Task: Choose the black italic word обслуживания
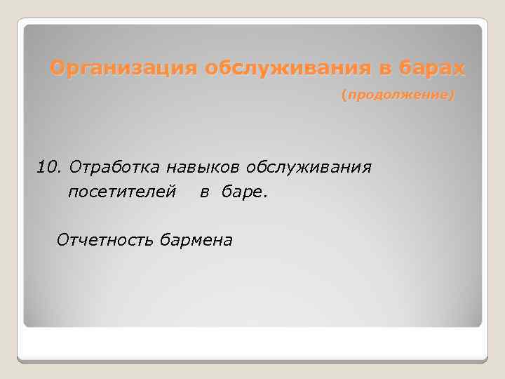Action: [x=308, y=168]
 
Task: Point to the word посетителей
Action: [x=121, y=192]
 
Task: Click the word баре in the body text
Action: [x=240, y=192]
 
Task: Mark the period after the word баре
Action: [x=264, y=196]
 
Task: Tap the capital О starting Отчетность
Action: [x=61, y=240]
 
